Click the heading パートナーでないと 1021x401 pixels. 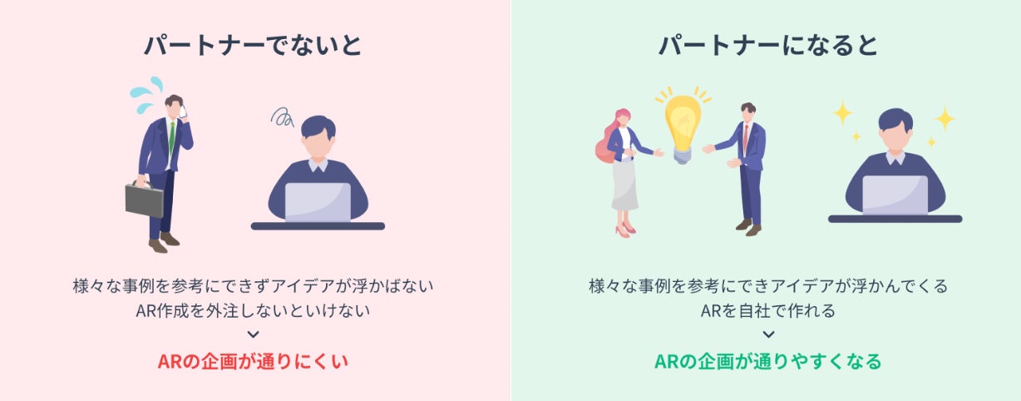point(253,45)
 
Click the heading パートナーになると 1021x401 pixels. point(768,45)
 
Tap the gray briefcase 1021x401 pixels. point(145,199)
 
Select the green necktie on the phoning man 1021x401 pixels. point(172,138)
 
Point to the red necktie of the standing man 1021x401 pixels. point(746,137)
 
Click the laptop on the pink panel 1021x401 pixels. point(318,202)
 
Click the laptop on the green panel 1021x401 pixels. point(895,195)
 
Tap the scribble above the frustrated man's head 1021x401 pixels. point(282,117)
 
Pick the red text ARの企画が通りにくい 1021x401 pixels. point(253,361)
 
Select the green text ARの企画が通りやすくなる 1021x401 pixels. point(768,361)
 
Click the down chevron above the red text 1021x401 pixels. point(253,334)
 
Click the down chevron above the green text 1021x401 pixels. point(768,334)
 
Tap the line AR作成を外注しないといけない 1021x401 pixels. point(253,310)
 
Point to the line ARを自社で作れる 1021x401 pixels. point(768,310)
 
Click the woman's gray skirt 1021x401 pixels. point(624,185)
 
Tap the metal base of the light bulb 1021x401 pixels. point(682,156)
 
